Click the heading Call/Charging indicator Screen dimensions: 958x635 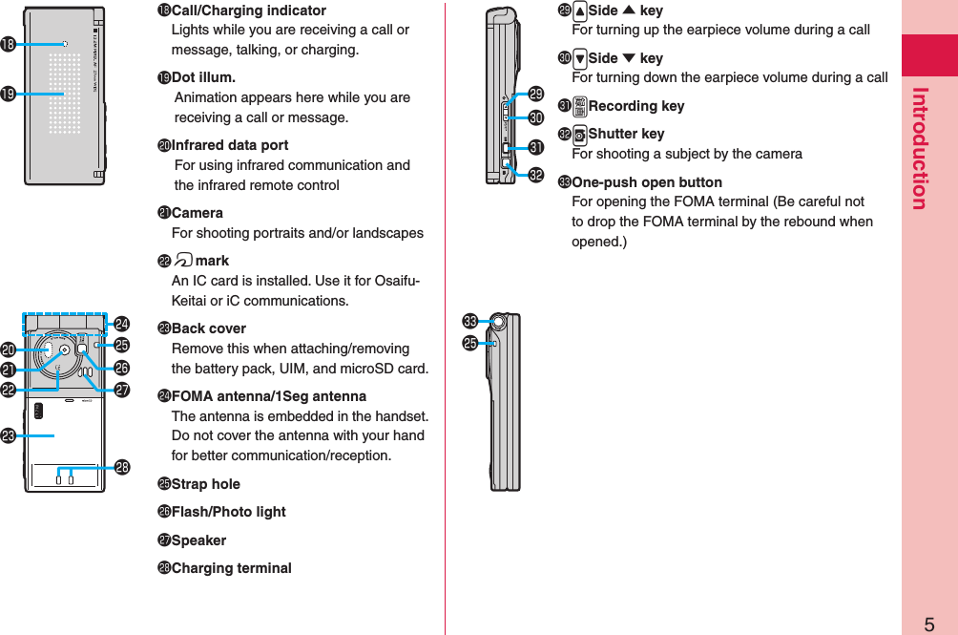tap(248, 11)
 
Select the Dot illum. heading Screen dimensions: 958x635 tap(203, 77)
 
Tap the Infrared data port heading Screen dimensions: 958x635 tap(229, 145)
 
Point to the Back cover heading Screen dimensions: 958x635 tap(208, 328)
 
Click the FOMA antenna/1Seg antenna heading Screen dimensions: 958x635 tap(268, 396)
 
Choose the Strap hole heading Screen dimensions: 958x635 tap(205, 484)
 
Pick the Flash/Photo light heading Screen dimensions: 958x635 tap(228, 512)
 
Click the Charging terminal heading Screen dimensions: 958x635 tap(231, 568)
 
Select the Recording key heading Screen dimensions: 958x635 tap(635, 106)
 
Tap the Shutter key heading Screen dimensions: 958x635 tap(626, 134)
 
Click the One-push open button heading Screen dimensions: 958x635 tap(646, 182)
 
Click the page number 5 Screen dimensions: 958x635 tap(928, 624)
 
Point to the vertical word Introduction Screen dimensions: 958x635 tap(920, 148)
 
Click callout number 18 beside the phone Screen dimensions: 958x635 tap(9, 44)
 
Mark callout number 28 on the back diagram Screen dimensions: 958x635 tap(122, 467)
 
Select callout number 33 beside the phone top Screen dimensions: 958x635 tap(469, 320)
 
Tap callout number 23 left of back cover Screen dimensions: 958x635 tap(9, 435)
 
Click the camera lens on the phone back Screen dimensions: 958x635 tap(63, 349)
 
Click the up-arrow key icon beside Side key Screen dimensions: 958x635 tap(578, 11)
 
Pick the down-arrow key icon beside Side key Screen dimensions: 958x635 tap(578, 58)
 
